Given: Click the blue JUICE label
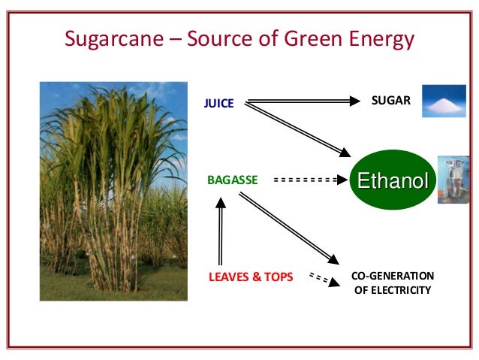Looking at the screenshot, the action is pyautogui.click(x=219, y=104).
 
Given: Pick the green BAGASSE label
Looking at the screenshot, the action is pyautogui.click(x=232, y=180).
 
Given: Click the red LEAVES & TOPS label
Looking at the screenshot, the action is pyautogui.click(x=250, y=277).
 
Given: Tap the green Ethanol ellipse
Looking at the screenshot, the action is pyautogui.click(x=392, y=180).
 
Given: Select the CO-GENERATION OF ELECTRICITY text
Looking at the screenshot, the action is pyautogui.click(x=392, y=283).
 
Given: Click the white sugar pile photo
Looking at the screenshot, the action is pyautogui.click(x=445, y=101).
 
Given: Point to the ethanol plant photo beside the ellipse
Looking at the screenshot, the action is pyautogui.click(x=454, y=180).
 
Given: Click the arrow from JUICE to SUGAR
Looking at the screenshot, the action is pyautogui.click(x=300, y=101).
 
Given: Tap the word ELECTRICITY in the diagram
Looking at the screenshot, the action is pyautogui.click(x=392, y=290).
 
